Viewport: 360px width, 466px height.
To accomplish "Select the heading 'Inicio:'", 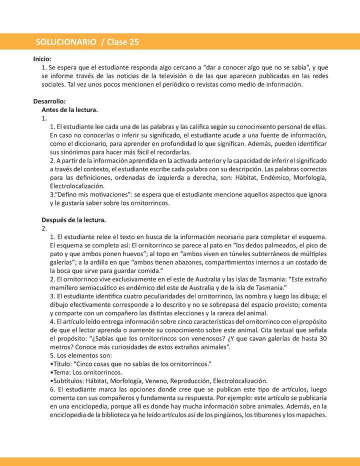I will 42,58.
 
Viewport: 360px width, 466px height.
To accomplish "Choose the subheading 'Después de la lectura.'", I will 73,219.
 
